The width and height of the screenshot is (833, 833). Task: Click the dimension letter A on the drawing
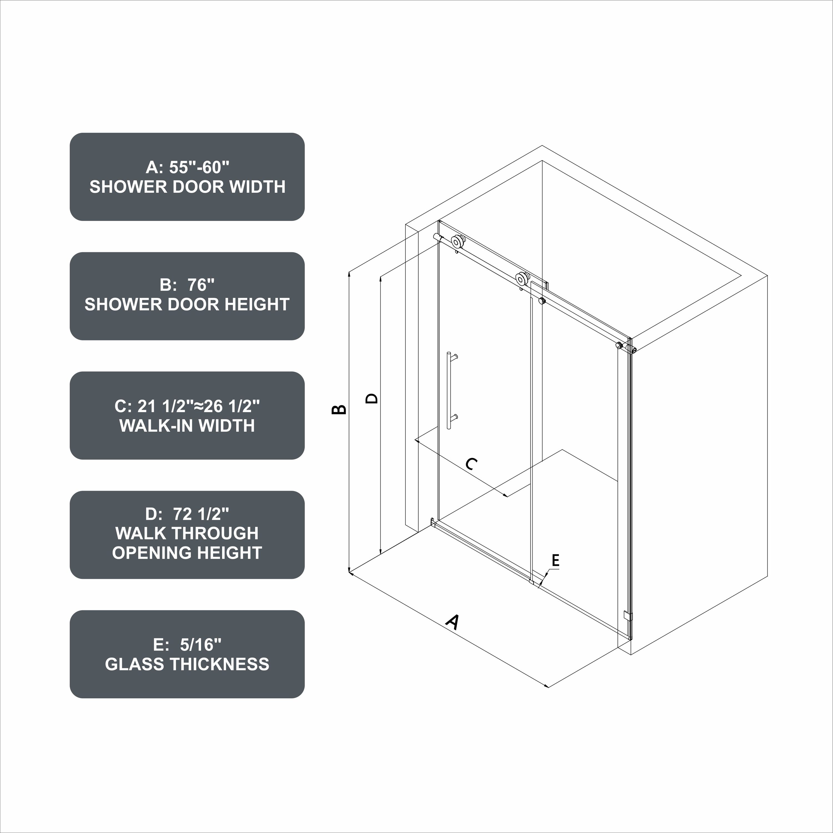pos(452,622)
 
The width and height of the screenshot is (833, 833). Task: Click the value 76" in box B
pos(201,285)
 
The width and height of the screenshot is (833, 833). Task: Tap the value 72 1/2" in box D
pos(201,514)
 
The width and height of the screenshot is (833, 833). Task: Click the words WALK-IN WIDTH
pos(187,426)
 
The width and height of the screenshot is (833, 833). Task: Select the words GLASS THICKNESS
pos(187,664)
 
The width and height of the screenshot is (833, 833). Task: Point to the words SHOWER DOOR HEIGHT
pos(187,304)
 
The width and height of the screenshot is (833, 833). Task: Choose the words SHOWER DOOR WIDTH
pos(187,187)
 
